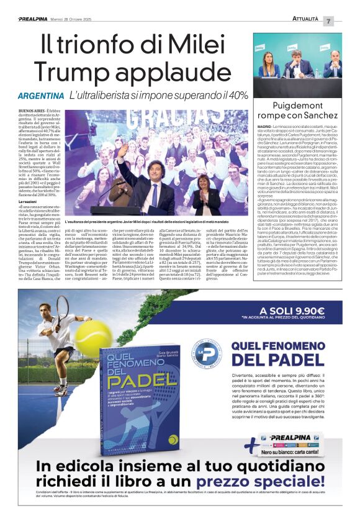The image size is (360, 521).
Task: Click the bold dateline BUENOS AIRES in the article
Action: click(x=30, y=110)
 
